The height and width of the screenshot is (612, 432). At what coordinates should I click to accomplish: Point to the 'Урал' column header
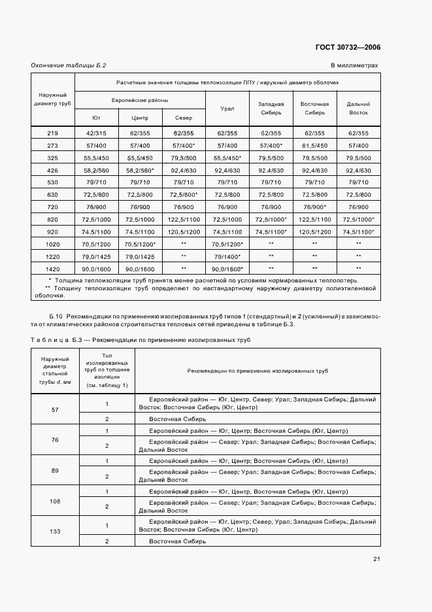tap(227, 109)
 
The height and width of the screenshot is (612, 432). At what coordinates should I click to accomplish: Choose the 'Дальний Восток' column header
tap(358, 108)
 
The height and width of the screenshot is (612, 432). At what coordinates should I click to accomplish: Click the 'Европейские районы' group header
tap(140, 100)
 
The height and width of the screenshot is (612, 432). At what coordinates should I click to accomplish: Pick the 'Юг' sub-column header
tap(97, 118)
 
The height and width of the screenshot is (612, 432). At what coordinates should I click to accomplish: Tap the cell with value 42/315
tap(97, 133)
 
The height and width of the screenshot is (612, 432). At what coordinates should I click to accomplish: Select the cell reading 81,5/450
tap(314, 145)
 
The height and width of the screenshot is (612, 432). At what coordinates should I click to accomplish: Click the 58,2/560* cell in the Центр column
tap(140, 170)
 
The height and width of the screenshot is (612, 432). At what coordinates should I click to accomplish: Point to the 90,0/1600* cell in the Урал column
tap(227, 269)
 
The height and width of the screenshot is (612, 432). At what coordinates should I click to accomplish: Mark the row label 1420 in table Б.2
tap(53, 269)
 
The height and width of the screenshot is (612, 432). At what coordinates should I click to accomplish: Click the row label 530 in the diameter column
tap(53, 182)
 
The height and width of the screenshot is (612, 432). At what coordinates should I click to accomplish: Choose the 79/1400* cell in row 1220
tap(227, 256)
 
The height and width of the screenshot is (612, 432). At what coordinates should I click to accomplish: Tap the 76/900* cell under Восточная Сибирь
tap(314, 207)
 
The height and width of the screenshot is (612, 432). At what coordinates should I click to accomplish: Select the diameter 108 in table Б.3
tap(55, 501)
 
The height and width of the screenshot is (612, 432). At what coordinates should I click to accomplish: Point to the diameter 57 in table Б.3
tap(55, 409)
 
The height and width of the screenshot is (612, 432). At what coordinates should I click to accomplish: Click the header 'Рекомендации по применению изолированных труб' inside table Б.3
tap(257, 371)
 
